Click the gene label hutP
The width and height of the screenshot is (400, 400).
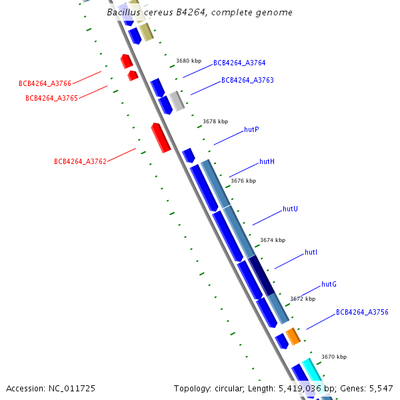(x=251, y=129)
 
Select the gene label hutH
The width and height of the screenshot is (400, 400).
(x=267, y=162)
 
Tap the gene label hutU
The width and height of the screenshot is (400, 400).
(x=290, y=209)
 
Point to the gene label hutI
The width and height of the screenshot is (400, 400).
(x=311, y=252)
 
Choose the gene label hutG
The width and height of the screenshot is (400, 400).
(x=329, y=284)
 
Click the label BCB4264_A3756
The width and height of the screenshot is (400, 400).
(x=361, y=312)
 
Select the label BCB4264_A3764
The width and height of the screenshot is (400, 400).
(x=239, y=63)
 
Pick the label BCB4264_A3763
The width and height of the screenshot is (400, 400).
(x=247, y=80)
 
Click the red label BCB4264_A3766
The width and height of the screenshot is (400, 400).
(x=45, y=83)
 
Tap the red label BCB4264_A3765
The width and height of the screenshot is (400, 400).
(x=51, y=98)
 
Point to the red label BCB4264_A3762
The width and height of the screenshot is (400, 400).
(x=80, y=161)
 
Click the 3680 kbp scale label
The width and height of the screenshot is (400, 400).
(x=189, y=61)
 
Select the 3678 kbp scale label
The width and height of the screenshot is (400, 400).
(x=215, y=121)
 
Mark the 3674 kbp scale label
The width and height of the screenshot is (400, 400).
(x=273, y=240)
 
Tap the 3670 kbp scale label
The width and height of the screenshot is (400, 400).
(x=334, y=357)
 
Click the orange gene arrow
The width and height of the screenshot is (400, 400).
(x=293, y=336)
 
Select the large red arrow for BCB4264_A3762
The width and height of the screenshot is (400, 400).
(x=160, y=137)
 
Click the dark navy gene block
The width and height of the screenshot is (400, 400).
(x=261, y=275)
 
